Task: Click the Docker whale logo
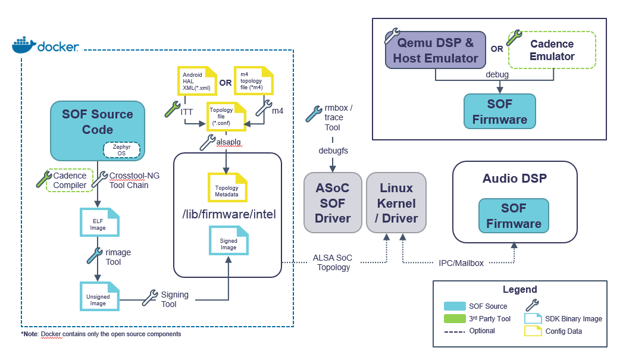23,45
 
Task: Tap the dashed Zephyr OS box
121,149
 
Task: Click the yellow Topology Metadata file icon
227,187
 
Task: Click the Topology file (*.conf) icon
225,115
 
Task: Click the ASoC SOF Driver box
332,203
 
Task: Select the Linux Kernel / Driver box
396,203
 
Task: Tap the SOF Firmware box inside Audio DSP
514,215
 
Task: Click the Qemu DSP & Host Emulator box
436,51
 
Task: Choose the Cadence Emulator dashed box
552,51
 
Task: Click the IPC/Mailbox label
461,262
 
